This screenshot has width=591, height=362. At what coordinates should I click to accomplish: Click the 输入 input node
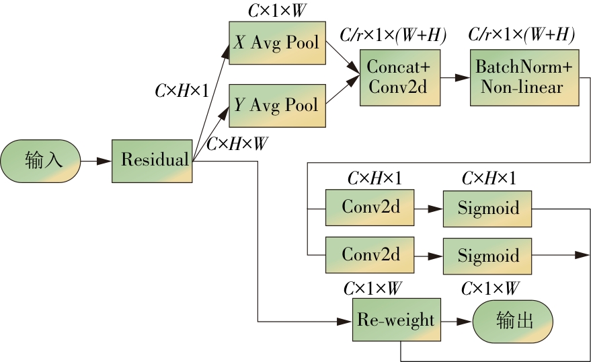tap(41, 161)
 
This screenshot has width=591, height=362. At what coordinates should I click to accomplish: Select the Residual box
tap(152, 161)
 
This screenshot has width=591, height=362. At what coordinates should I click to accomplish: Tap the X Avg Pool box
tap(277, 43)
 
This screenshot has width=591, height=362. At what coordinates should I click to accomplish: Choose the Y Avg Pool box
tap(277, 106)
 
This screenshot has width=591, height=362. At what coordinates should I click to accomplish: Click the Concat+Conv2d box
tap(399, 77)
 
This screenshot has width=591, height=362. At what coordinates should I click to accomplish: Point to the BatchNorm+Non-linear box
tap(524, 77)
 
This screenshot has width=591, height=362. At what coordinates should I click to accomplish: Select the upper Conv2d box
tap(370, 208)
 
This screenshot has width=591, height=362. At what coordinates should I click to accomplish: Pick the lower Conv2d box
tap(370, 255)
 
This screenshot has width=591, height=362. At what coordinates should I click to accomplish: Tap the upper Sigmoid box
tap(487, 208)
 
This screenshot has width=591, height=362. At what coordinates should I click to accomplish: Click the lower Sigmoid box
tap(487, 255)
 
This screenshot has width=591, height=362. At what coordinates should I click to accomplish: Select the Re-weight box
tap(397, 321)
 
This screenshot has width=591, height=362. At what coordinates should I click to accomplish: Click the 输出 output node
tap(512, 321)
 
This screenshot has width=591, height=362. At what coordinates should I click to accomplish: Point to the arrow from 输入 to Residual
tap(96, 161)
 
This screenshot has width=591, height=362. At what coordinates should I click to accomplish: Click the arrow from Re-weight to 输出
tap(457, 322)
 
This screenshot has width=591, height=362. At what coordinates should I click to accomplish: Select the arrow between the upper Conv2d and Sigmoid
tap(429, 209)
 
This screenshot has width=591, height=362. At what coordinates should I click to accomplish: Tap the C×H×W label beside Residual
tap(237, 144)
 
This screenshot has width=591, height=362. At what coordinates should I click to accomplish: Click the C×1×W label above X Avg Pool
tap(277, 11)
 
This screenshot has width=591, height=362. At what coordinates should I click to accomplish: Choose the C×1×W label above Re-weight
tap(373, 289)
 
